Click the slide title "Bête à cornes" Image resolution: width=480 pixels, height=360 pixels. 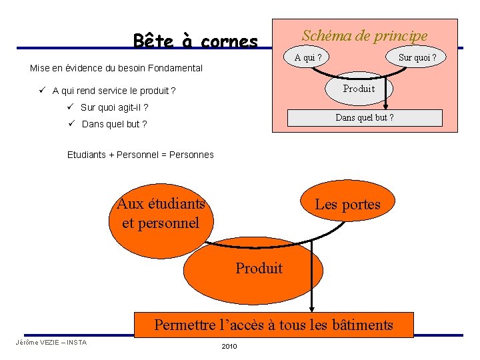pos(195,41)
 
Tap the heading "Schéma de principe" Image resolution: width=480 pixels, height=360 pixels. pos(365,35)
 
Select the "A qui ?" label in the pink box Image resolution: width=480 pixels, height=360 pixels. pos(308,57)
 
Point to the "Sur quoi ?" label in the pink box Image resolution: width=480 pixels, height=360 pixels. pos(417,58)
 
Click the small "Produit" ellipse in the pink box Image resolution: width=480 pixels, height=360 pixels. pos(359,89)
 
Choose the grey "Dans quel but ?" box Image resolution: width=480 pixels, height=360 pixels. pos(364,117)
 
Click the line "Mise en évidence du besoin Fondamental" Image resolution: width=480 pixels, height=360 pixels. pos(116,68)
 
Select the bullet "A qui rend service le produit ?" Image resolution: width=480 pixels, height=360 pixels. pos(113,91)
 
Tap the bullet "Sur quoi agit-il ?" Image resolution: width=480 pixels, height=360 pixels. pos(114,107)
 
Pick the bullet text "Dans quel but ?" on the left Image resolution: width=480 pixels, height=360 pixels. pos(114,124)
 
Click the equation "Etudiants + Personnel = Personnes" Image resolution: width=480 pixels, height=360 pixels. pos(141,155)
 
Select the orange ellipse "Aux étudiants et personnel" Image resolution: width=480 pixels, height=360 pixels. pos(161,213)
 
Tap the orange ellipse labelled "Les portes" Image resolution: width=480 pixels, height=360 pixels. pos(347,204)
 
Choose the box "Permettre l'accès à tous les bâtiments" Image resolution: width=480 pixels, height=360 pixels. pos(274,325)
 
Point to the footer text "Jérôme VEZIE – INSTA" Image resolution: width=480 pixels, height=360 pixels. pos(51,343)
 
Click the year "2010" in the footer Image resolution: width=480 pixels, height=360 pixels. pos(229,347)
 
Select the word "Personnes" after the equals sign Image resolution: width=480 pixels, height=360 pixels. pos(192,155)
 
